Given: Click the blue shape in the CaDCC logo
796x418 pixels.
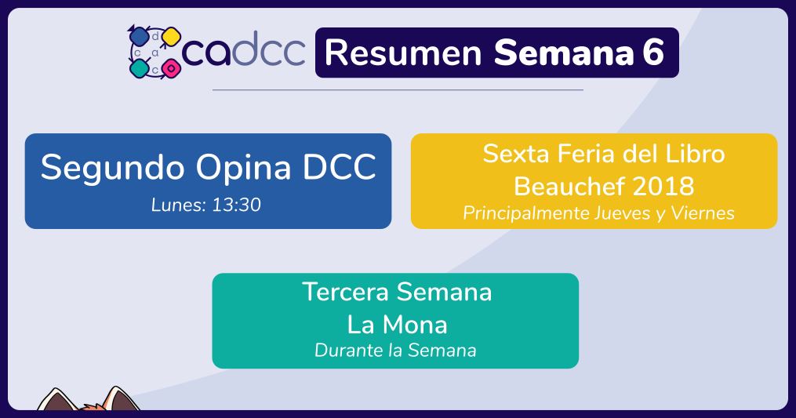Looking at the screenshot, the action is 139,37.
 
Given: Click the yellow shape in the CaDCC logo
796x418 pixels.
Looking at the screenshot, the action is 172,37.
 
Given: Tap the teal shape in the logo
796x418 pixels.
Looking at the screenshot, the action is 139,68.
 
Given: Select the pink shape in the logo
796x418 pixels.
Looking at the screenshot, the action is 172,68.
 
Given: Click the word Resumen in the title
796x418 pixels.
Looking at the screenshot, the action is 403,53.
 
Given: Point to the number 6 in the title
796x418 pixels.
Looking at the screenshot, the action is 653,52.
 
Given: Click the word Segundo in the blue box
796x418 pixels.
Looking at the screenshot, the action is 112,168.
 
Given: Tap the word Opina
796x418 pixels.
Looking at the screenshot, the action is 243,168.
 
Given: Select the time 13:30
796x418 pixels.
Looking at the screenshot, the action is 236,205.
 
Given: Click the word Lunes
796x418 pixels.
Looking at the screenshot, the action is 179,205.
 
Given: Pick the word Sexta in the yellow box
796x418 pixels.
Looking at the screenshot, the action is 516,154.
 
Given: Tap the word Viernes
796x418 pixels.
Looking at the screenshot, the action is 703,213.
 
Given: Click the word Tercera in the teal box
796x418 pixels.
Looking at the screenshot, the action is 345,292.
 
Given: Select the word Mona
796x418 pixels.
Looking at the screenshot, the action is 415,325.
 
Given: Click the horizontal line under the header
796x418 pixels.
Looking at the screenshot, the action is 398,90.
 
